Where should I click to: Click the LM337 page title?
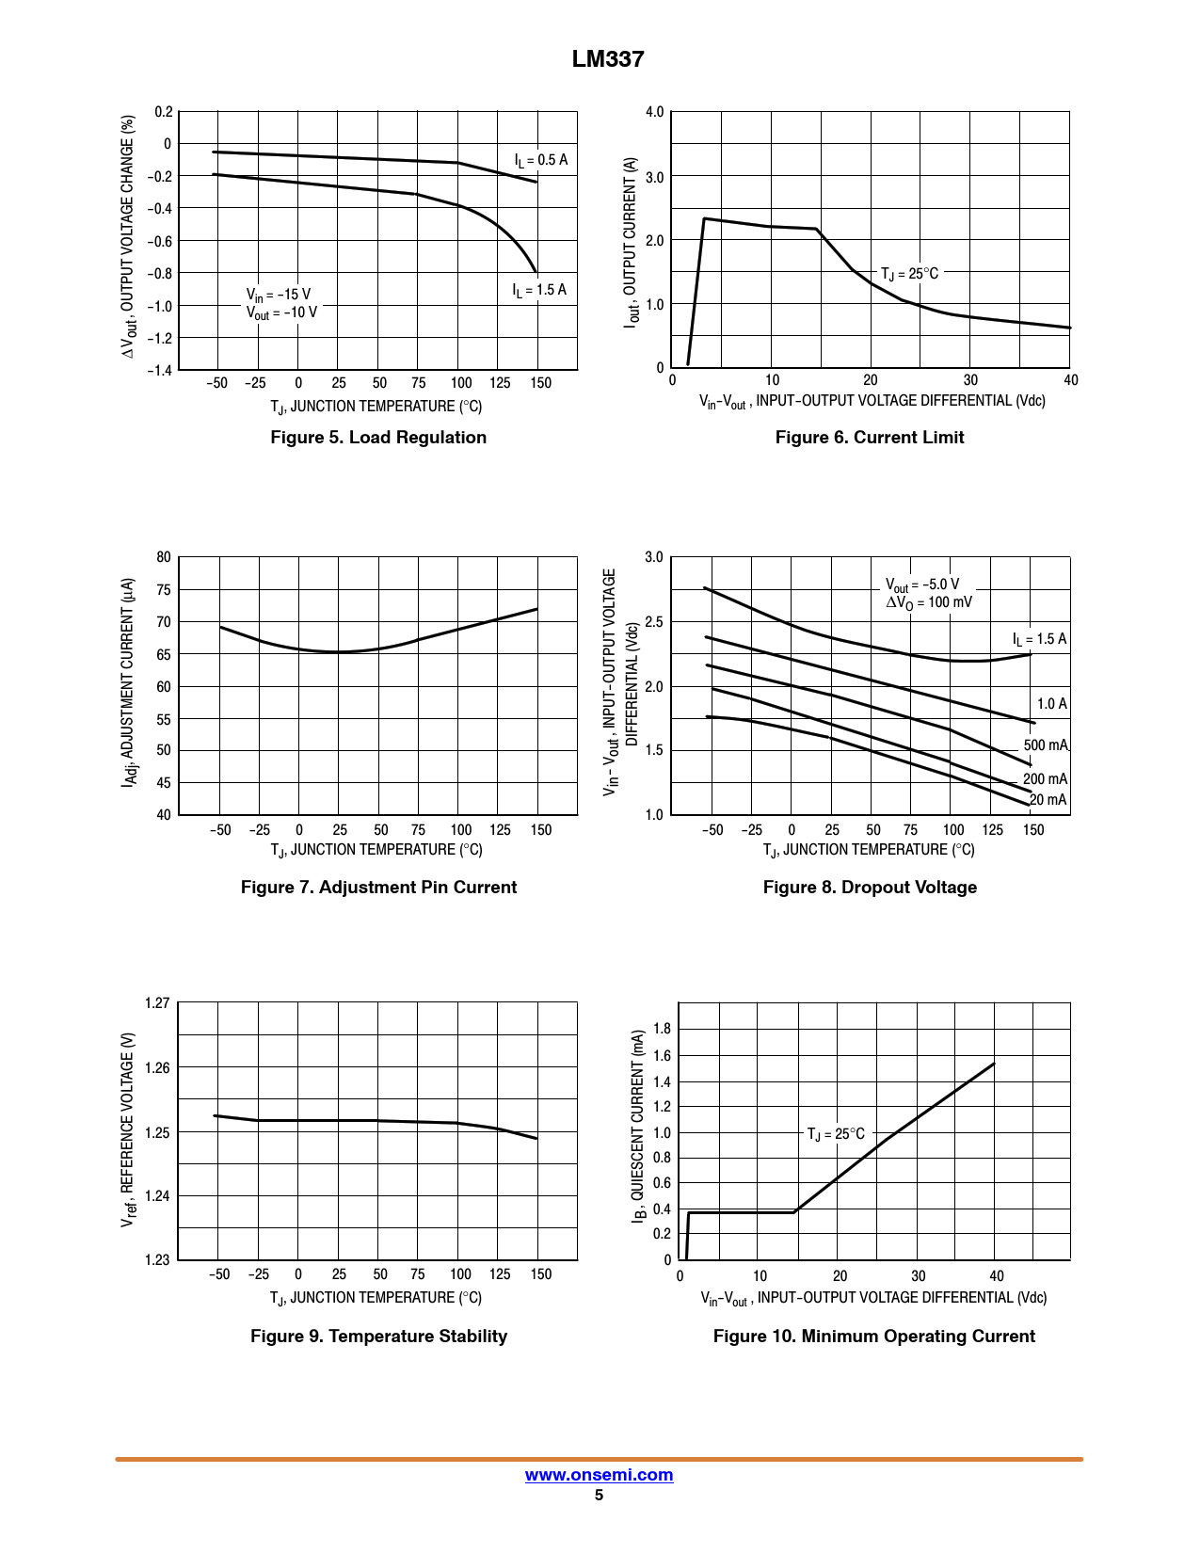(x=608, y=59)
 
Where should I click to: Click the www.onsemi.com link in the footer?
(x=599, y=1475)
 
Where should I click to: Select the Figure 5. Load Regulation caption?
(x=378, y=438)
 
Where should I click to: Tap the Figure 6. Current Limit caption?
(x=870, y=438)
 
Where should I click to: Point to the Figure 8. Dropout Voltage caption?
(x=870, y=888)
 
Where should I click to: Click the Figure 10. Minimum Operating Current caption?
(x=873, y=1337)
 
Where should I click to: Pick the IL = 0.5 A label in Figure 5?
(x=541, y=160)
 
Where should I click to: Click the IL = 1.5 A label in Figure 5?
(x=539, y=290)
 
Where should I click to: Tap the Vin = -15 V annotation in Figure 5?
(x=279, y=295)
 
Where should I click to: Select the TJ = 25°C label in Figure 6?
(x=909, y=274)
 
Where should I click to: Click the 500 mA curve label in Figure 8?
(x=1046, y=745)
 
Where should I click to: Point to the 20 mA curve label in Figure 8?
(x=1048, y=800)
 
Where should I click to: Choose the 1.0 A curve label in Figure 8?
(x=1051, y=704)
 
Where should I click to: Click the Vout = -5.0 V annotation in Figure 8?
(x=922, y=584)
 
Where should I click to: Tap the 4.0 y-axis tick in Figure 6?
(x=654, y=112)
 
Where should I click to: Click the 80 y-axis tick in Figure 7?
(x=164, y=557)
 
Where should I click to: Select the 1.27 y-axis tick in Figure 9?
(x=157, y=1003)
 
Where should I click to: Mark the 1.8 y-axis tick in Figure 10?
(x=662, y=1029)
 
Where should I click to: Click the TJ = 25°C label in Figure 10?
(x=836, y=1134)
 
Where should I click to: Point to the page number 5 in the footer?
(x=599, y=1496)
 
